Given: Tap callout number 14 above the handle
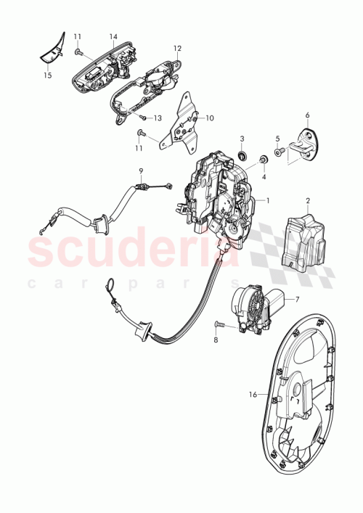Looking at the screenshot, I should click(x=113, y=36).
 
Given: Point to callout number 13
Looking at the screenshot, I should click(x=157, y=118).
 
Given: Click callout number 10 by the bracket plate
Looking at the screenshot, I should click(x=211, y=118).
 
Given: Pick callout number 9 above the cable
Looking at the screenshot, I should click(x=142, y=171).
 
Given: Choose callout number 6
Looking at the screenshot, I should click(x=307, y=115).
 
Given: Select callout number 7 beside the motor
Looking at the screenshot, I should click(x=296, y=299).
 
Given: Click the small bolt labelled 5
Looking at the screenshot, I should click(x=278, y=153).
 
